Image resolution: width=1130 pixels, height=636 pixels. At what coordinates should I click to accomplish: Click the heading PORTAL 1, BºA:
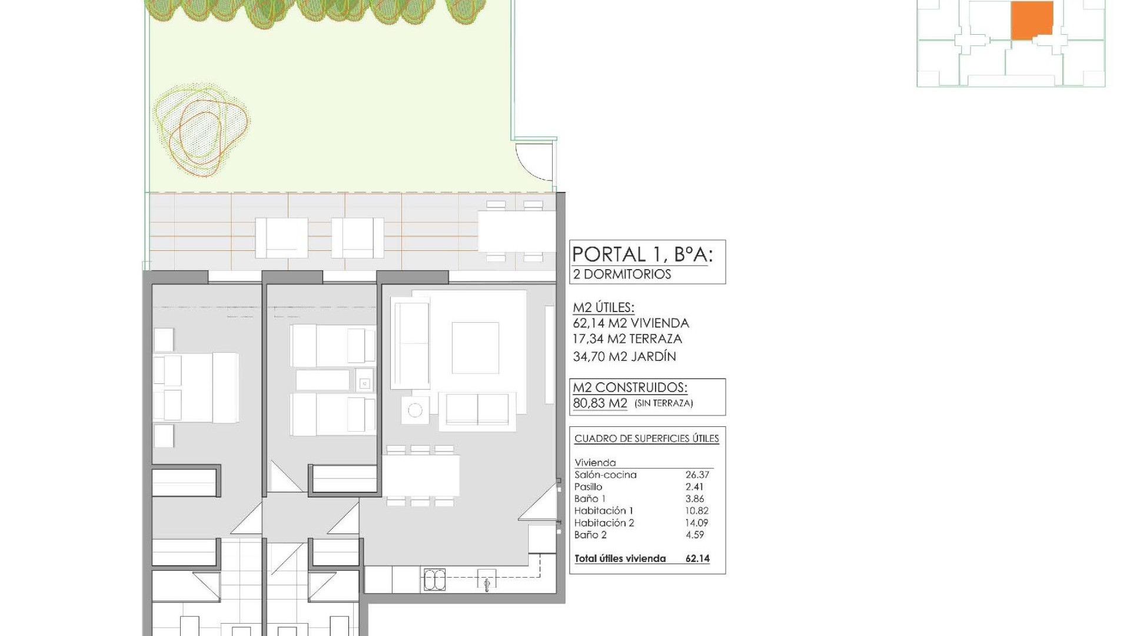point(642,254)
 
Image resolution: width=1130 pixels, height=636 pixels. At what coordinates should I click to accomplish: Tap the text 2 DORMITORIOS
point(622,274)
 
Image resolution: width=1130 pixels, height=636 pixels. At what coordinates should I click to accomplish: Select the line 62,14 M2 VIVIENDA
point(631,323)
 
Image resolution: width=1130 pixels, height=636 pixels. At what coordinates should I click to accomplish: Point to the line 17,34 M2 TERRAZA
point(627,339)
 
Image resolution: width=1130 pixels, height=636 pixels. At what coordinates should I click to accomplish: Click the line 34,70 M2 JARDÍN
point(624,356)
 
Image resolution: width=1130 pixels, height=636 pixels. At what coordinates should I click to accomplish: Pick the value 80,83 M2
point(600,403)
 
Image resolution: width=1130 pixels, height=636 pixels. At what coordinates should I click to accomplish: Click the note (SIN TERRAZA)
point(664,403)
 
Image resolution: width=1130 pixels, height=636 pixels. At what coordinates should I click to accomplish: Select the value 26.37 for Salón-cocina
point(697,475)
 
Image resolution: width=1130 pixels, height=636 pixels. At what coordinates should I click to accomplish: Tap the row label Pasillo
point(589,487)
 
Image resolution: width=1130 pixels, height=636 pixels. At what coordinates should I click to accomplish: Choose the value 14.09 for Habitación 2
point(697,523)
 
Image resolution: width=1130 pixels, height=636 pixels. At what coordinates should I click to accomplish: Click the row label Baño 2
point(590,535)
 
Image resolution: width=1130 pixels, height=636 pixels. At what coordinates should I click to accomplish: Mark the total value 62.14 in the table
point(697,559)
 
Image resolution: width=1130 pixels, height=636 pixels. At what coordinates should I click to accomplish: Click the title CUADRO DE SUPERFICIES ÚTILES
point(647,439)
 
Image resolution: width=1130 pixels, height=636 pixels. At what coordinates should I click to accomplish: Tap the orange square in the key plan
point(1032,21)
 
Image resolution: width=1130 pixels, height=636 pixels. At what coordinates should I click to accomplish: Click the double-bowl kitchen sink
point(434,580)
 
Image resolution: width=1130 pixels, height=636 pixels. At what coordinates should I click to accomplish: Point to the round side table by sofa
point(415,410)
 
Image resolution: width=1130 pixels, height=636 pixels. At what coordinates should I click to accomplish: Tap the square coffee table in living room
point(476,348)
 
